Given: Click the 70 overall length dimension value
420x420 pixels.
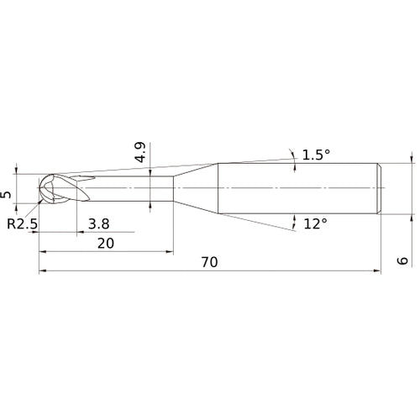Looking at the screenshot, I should [x=209, y=262].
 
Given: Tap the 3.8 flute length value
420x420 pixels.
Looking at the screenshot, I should [x=97, y=223].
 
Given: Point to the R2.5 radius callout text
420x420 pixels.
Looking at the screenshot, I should [x=22, y=223].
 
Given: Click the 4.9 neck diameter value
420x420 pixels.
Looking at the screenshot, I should [x=140, y=152].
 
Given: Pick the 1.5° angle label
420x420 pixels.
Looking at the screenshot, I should [x=317, y=155].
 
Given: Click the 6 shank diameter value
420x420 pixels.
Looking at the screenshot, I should [x=404, y=261].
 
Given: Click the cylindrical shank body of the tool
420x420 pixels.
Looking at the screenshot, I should [x=294, y=186].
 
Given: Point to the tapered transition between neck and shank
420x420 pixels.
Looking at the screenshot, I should [x=196, y=186].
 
